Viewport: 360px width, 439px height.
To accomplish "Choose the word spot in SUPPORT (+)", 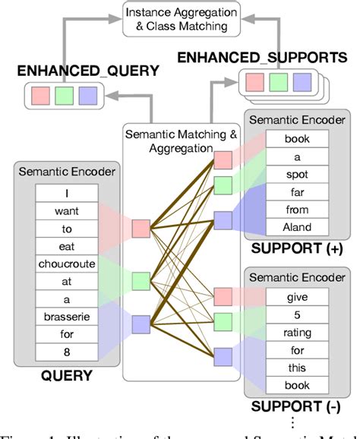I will point(297,173).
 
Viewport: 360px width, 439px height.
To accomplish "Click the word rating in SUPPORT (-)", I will point(297,333).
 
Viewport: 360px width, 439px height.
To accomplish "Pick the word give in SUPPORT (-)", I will point(297,298).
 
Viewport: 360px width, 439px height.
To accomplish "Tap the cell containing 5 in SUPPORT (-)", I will point(297,316).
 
